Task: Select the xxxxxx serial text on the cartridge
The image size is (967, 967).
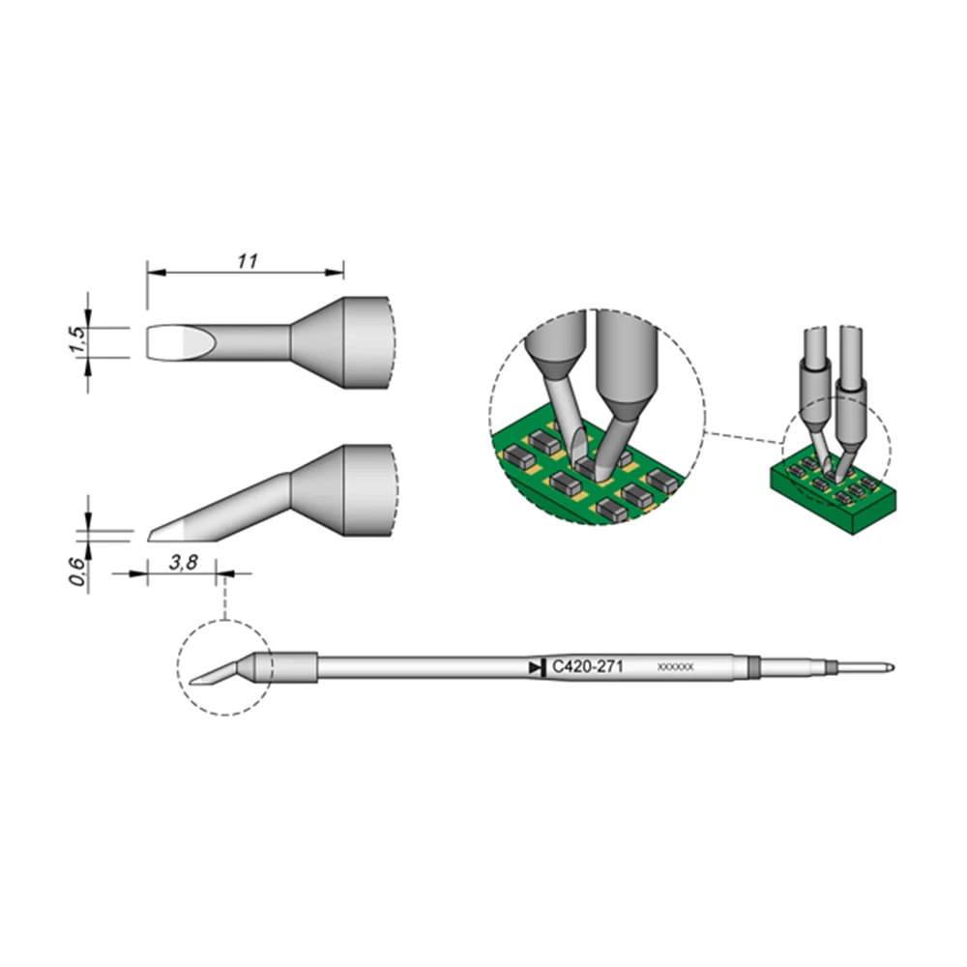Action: [x=675, y=667]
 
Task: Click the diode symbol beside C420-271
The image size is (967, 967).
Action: [x=536, y=667]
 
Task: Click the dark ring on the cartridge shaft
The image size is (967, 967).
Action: [x=754, y=667]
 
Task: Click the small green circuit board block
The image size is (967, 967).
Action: [x=832, y=498]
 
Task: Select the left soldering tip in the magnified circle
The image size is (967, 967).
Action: [x=561, y=387]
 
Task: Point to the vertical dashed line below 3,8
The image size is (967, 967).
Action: [x=224, y=600]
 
